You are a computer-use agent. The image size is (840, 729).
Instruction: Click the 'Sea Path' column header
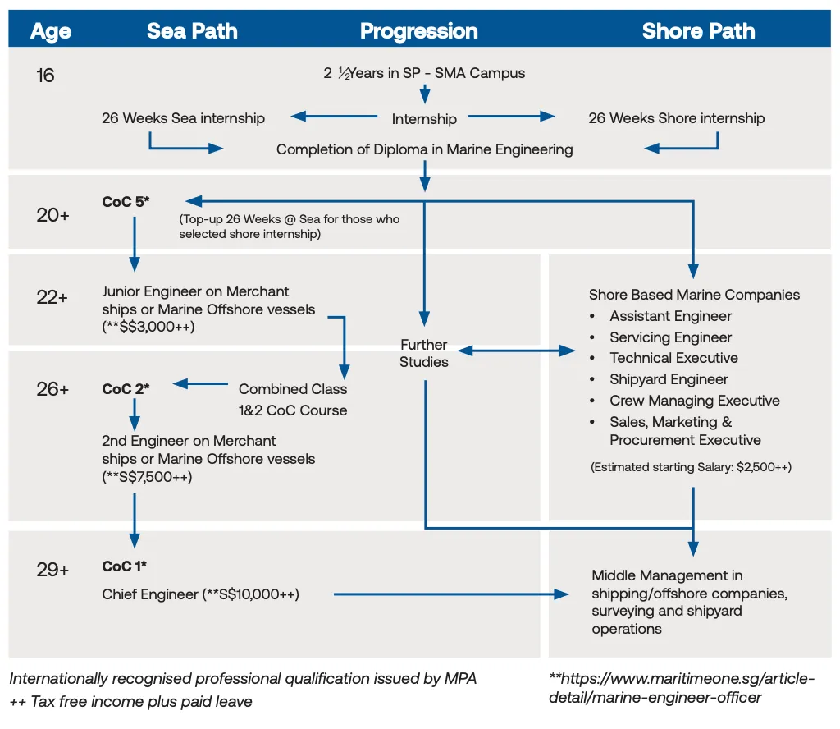click(192, 31)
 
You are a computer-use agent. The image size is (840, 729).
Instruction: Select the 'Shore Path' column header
click(698, 31)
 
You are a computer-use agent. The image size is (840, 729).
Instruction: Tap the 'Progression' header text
click(418, 31)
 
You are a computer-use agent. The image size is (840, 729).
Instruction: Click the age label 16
click(45, 76)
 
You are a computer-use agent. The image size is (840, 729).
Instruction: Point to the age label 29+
click(52, 569)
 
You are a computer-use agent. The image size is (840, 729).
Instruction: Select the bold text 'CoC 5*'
click(126, 201)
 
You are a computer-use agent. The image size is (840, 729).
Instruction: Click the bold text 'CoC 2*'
click(126, 388)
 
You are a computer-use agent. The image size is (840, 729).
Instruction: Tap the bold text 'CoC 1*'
click(125, 566)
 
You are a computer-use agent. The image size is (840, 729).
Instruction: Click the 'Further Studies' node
click(424, 352)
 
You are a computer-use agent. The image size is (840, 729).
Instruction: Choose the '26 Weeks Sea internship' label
click(183, 118)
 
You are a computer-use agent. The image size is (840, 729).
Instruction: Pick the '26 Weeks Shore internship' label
click(676, 118)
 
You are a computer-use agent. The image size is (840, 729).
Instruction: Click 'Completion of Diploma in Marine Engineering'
click(424, 149)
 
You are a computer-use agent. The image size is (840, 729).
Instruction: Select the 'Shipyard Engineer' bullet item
click(669, 379)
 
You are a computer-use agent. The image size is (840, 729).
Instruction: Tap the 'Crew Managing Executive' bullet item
click(694, 401)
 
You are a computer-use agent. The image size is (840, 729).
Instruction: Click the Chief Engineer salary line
click(201, 594)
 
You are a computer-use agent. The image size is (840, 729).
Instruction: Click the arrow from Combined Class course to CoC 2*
click(200, 383)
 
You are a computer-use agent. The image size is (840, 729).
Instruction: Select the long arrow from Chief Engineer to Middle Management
click(451, 594)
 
